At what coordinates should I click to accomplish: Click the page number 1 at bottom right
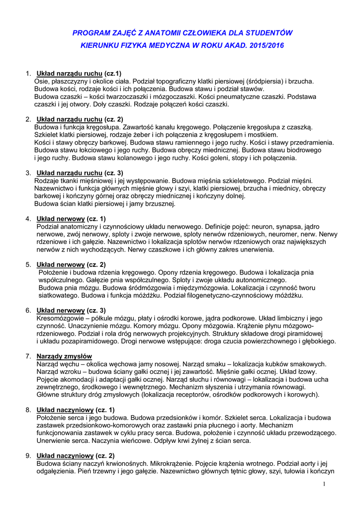pyautogui.click(x=323, y=484)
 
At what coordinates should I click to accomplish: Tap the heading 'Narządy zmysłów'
pyautogui.click(x=64, y=356)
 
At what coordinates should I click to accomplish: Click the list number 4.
pyautogui.click(x=28, y=219)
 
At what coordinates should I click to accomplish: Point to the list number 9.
pyautogui.click(x=28, y=455)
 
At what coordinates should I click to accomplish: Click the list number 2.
pyautogui.click(x=28, y=119)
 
